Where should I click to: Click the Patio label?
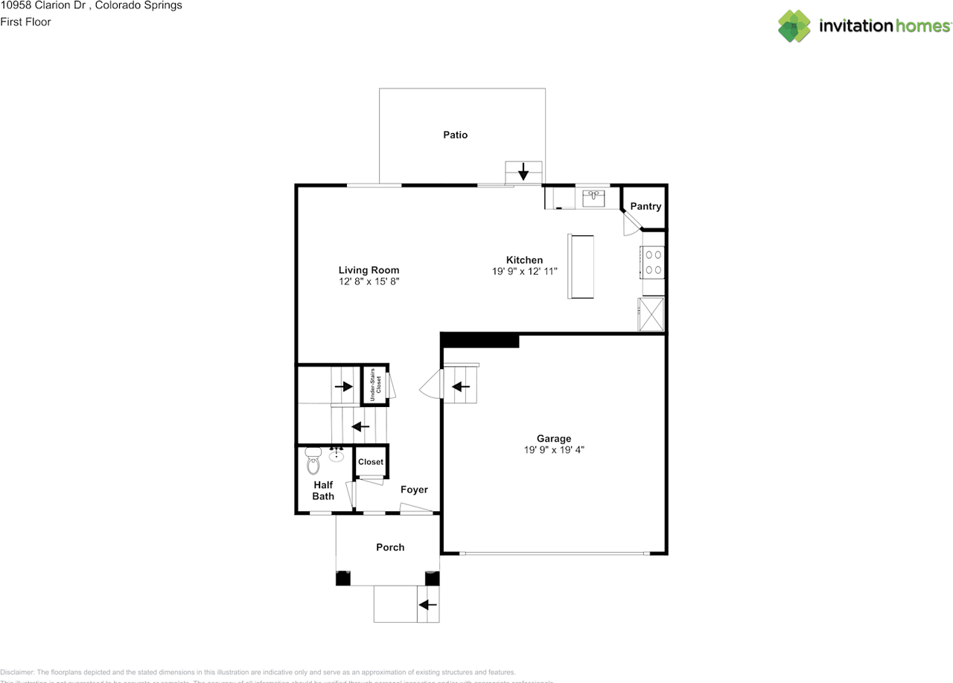click(x=455, y=135)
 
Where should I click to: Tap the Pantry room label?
click(x=646, y=206)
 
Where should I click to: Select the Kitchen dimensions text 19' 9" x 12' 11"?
click(x=524, y=272)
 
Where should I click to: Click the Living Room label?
click(x=369, y=270)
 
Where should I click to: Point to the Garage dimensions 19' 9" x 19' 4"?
click(x=554, y=449)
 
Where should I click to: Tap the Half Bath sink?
click(x=337, y=455)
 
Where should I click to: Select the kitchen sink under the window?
click(x=593, y=197)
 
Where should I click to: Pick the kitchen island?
click(x=581, y=266)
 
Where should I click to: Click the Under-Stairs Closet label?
click(x=375, y=385)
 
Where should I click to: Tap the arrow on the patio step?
click(x=523, y=172)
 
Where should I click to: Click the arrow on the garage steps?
click(x=462, y=387)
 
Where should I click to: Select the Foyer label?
click(x=414, y=490)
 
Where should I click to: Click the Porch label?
click(x=390, y=547)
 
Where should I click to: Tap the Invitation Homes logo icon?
click(x=794, y=26)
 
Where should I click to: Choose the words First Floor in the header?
click(x=25, y=22)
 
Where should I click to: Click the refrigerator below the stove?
click(x=651, y=313)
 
